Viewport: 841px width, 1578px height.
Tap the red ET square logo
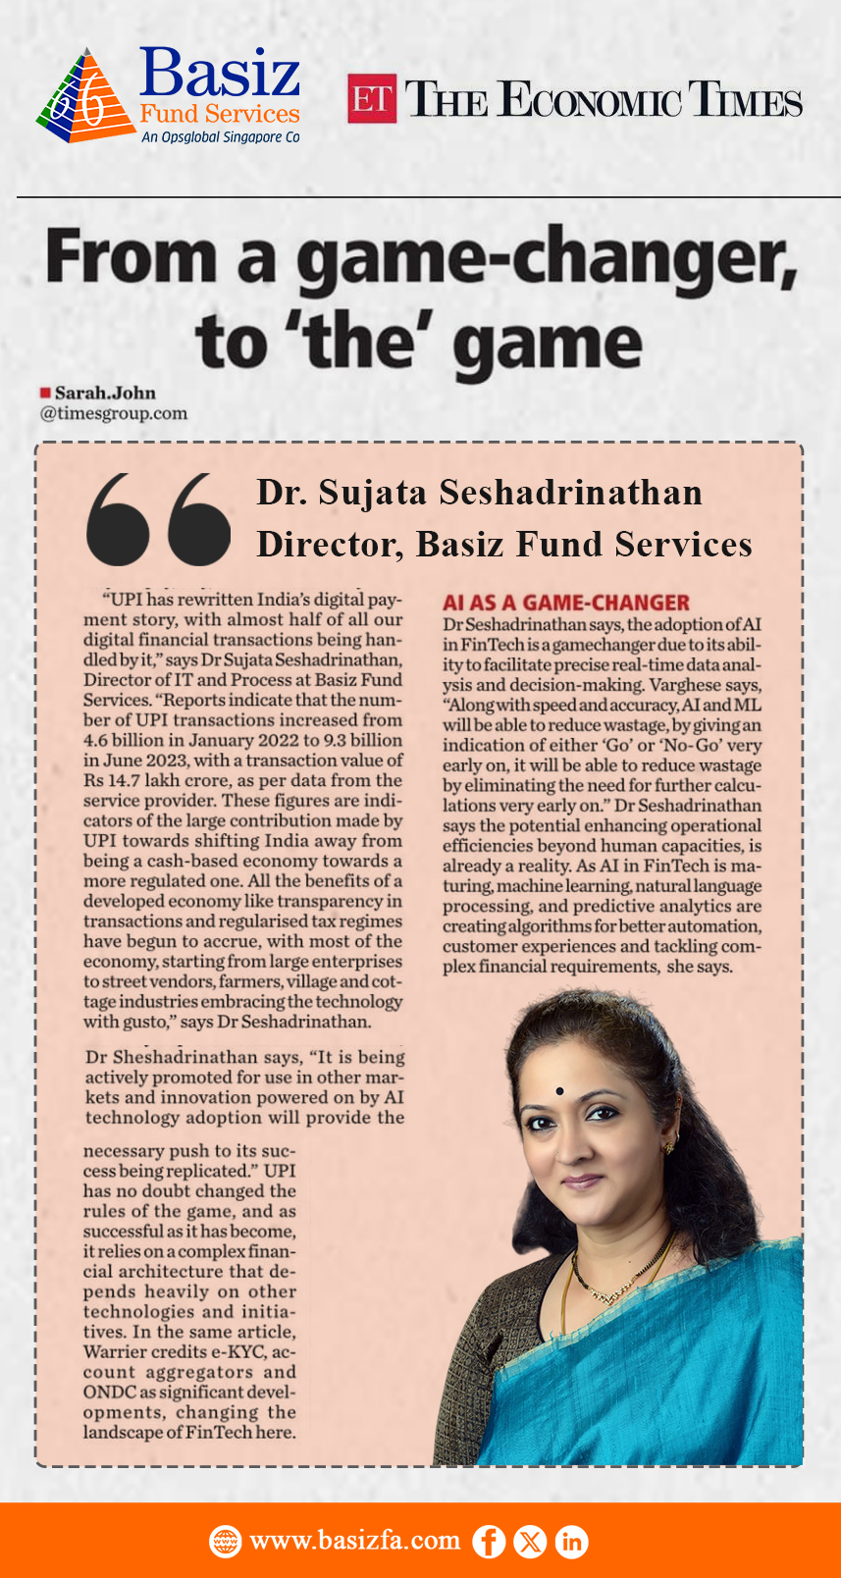[x=372, y=99]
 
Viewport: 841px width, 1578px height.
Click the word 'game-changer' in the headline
[x=547, y=258]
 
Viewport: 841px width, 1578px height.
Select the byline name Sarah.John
[x=105, y=394]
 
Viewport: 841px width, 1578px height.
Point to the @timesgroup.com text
[x=113, y=413]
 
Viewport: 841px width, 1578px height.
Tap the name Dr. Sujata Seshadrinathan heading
[x=479, y=493]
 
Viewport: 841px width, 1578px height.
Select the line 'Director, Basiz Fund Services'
[x=503, y=544]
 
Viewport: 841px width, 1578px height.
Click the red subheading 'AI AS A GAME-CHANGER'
[x=566, y=603]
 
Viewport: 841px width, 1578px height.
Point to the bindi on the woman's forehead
[x=559, y=1091]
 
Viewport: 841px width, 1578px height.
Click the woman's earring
[x=671, y=1145]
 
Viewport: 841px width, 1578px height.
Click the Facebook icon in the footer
[x=489, y=1542]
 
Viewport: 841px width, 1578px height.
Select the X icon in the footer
[x=530, y=1542]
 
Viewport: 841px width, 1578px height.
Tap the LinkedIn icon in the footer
[x=571, y=1542]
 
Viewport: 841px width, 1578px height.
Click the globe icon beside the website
[x=226, y=1542]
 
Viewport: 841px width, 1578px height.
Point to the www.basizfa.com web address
[x=354, y=1541]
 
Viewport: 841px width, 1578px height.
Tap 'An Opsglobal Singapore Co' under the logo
[x=220, y=137]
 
